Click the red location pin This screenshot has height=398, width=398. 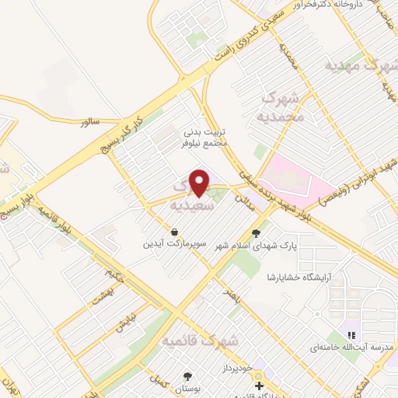[x=201, y=183]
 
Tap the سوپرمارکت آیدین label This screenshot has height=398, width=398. [x=173, y=245]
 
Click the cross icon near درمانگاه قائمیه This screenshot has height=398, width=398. [x=259, y=386]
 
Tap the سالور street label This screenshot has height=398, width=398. [x=90, y=122]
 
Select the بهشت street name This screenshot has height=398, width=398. [x=101, y=292]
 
